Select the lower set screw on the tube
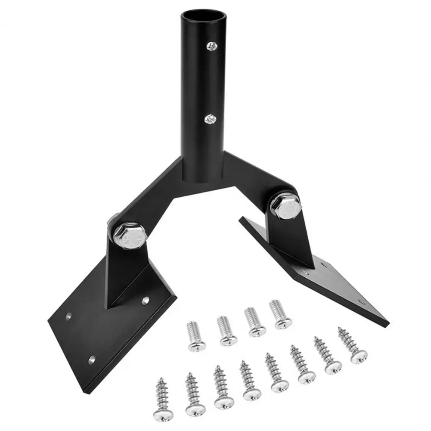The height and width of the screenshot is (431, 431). tap(211, 118)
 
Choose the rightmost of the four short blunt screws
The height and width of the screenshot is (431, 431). tap(280, 313)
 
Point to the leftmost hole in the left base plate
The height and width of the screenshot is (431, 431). tap(68, 317)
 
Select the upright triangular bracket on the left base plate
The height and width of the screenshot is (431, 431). tap(123, 276)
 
